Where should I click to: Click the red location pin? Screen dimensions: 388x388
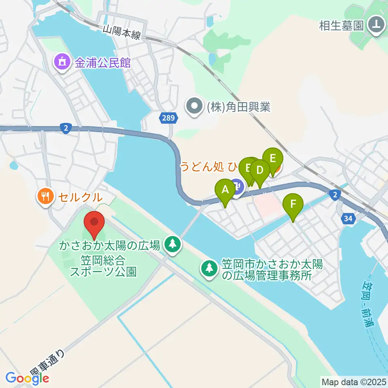(94, 223)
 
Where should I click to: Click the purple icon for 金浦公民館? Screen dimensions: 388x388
(61, 62)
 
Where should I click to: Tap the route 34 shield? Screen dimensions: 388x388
(348, 219)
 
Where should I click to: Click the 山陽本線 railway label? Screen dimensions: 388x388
(121, 32)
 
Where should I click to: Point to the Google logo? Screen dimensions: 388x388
(27, 378)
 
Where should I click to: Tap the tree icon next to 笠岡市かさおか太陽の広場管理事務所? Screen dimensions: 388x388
(209, 268)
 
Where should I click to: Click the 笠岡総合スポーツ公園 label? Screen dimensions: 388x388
(103, 265)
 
